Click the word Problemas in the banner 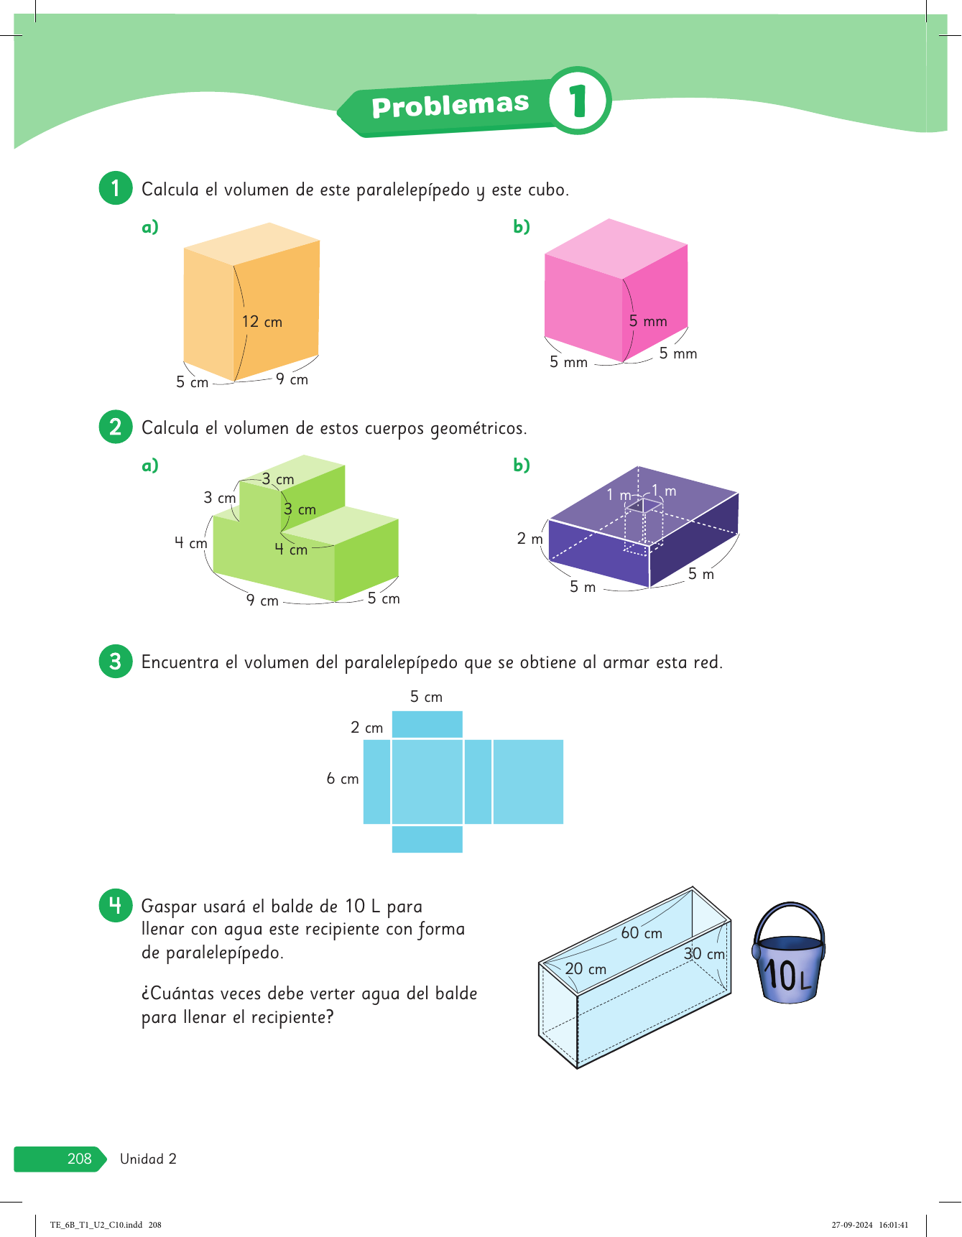(x=450, y=106)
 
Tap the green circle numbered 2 (x=116, y=427)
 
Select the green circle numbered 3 (x=116, y=661)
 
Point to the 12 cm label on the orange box (x=262, y=322)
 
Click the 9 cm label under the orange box (x=292, y=379)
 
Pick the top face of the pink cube (x=616, y=249)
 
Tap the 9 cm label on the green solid (x=262, y=600)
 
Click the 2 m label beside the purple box (x=530, y=538)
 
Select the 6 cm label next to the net (x=343, y=779)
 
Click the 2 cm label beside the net (x=367, y=728)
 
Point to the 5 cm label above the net (x=427, y=697)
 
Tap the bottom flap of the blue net (x=427, y=839)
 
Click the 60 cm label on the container (x=642, y=932)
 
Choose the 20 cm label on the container (x=586, y=969)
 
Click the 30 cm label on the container (x=705, y=954)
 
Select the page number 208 (x=80, y=1159)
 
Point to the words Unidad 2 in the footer (x=148, y=1159)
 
